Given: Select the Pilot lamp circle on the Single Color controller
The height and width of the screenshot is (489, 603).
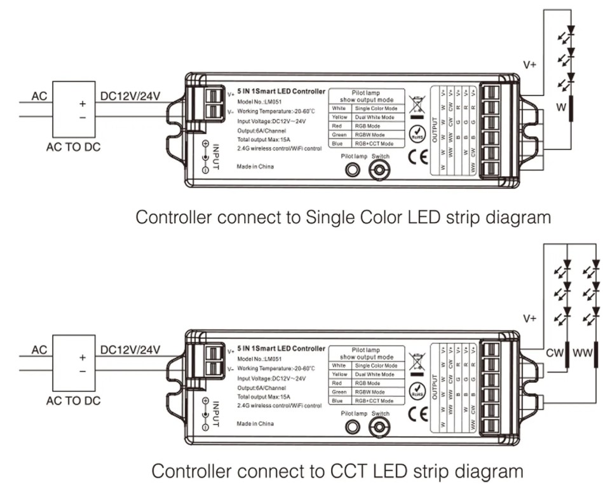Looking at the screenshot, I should point(351,170).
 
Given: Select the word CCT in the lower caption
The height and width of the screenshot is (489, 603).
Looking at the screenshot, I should point(348,472).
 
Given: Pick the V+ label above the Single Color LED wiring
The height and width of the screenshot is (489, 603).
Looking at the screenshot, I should point(529,64).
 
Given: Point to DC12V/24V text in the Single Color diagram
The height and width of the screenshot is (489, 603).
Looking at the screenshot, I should point(130,96).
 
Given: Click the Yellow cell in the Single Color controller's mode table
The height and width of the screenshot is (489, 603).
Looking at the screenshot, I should point(339,118).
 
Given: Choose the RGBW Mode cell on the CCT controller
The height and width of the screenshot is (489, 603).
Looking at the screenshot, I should point(374,392).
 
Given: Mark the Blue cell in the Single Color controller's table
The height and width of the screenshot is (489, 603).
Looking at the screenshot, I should point(339,144).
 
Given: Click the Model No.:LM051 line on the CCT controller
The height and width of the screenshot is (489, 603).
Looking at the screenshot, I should point(261,359).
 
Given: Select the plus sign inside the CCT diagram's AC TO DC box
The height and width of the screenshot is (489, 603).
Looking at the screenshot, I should point(82,358).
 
